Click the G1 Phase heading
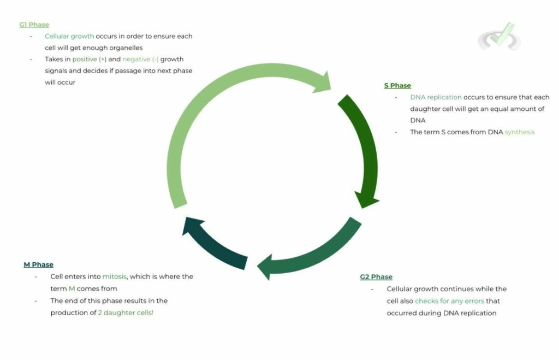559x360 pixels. click(34, 25)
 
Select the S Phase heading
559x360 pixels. click(397, 86)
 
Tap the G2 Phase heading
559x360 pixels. click(376, 277)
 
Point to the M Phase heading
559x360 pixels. click(38, 265)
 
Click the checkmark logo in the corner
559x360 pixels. click(499, 37)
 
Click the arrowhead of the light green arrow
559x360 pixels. click(325, 82)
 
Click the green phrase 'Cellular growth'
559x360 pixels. click(69, 37)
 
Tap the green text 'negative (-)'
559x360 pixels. click(140, 59)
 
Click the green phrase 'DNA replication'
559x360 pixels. click(436, 97)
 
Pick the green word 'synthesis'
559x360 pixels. click(519, 132)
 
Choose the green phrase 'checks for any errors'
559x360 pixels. click(449, 301)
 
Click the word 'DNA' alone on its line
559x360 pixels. click(418, 120)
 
